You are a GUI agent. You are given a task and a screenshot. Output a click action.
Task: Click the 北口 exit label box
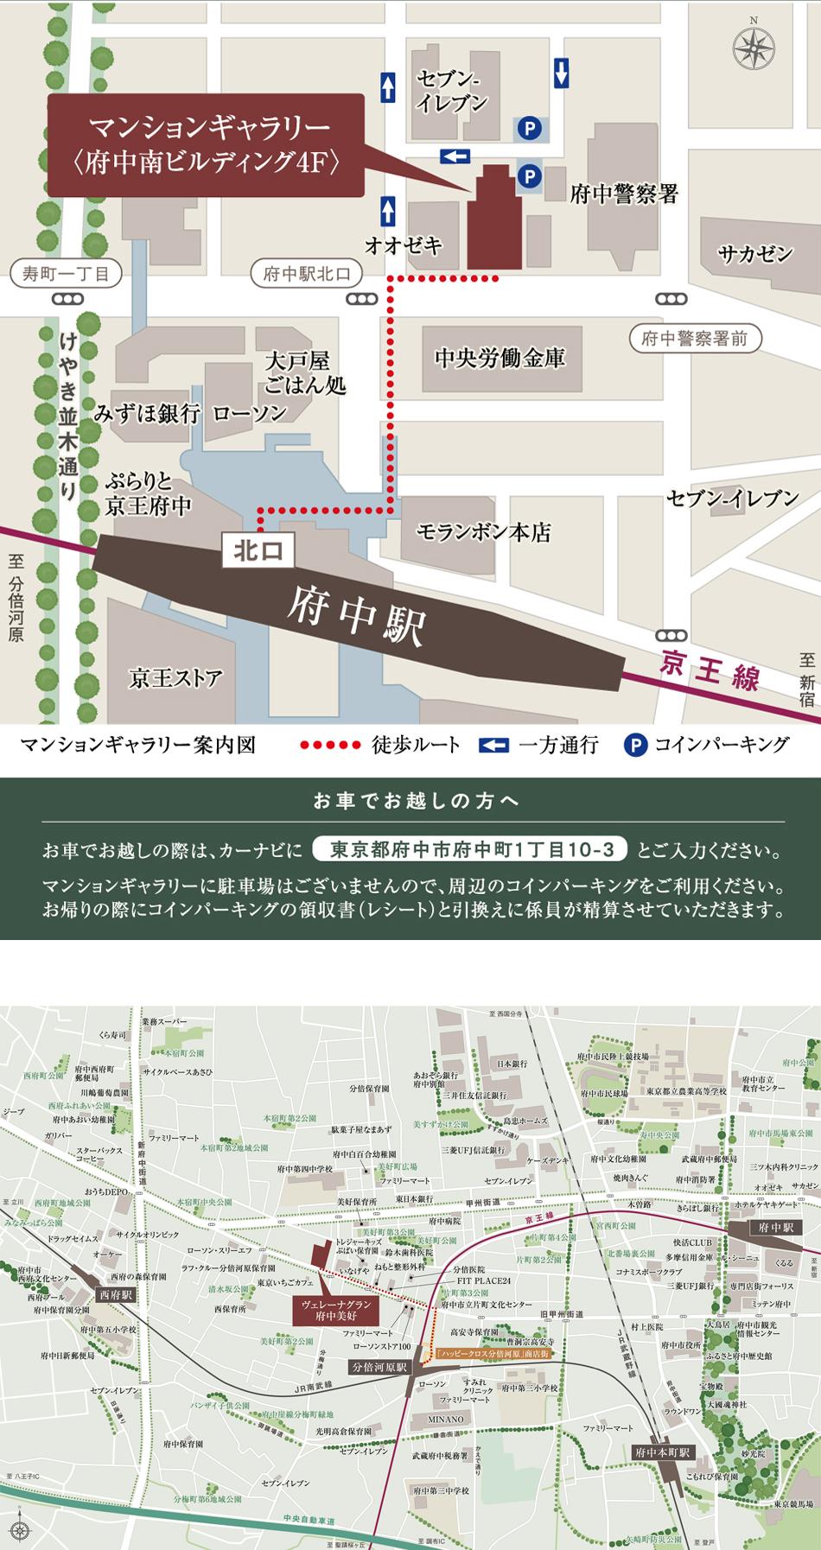258,550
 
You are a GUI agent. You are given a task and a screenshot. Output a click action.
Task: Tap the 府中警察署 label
623,194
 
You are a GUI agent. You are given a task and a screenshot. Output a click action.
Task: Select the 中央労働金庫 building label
500,358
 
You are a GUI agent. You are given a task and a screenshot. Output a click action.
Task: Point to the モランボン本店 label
483,532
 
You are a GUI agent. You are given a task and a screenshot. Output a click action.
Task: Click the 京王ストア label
175,677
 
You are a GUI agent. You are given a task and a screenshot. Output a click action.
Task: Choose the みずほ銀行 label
147,414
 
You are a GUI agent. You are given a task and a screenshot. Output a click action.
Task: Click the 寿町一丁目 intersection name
66,275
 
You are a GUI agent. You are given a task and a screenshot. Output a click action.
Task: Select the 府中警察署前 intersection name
694,339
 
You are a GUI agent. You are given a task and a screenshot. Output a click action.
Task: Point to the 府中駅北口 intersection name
307,275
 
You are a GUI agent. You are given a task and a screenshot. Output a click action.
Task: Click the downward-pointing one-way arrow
561,73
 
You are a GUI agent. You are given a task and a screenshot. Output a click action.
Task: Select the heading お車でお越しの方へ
410,801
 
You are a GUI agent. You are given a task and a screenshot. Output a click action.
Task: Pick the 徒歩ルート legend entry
380,745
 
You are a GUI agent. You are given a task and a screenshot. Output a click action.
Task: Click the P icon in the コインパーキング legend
635,745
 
